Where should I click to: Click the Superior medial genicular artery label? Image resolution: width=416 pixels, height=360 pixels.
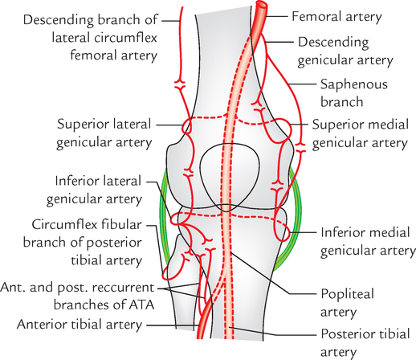359,133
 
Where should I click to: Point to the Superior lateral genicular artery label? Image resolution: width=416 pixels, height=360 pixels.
105,133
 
